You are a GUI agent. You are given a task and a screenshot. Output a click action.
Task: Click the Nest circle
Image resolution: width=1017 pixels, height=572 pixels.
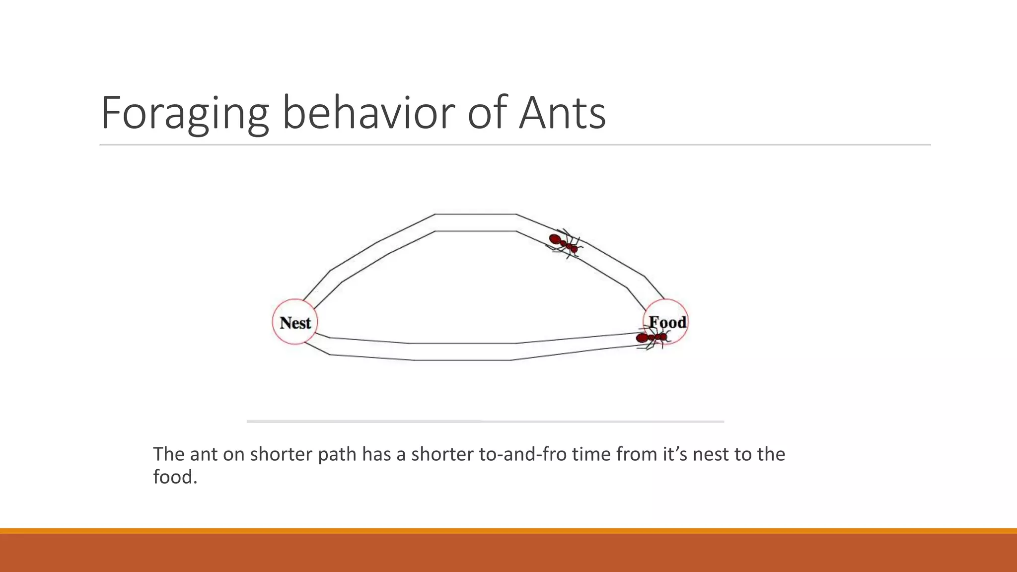(x=295, y=322)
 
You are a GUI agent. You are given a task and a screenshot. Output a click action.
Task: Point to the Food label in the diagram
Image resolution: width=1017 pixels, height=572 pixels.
(x=667, y=322)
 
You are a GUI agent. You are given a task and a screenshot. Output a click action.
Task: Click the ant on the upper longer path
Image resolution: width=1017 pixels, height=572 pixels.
(x=565, y=243)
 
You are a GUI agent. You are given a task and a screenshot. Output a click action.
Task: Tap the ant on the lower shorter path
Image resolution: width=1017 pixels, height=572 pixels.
(x=652, y=338)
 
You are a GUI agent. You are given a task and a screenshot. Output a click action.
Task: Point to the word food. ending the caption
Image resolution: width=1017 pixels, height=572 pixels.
(x=175, y=477)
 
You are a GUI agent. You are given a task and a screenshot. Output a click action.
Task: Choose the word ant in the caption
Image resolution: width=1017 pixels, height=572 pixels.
(x=204, y=454)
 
